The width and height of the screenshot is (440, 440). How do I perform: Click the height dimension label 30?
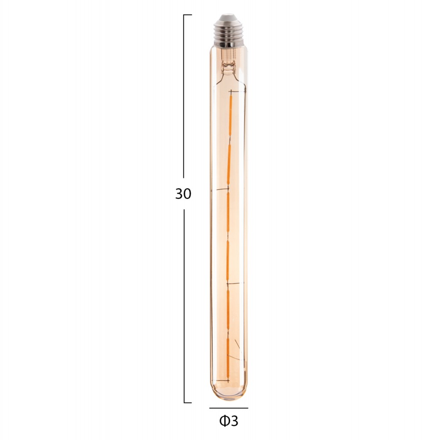point(183,194)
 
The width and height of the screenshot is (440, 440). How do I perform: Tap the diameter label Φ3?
point(228,421)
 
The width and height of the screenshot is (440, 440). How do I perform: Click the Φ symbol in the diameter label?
point(224,421)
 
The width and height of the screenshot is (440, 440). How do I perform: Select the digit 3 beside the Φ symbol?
point(234,421)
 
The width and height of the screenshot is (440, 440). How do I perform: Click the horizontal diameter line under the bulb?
point(228,408)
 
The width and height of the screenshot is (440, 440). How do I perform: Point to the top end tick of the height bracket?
point(187,15)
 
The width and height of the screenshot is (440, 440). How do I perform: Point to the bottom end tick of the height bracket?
point(187,402)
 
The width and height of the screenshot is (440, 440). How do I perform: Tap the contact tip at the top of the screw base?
point(228,18)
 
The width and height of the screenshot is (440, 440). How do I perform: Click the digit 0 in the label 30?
point(187,194)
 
